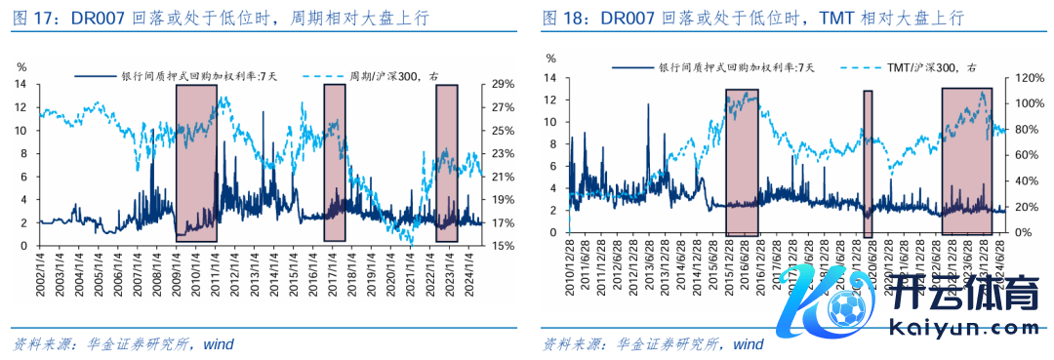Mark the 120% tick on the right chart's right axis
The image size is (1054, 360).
(x=1028, y=77)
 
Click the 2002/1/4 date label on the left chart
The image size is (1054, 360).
(x=39, y=276)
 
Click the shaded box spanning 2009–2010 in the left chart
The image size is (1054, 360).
(x=196, y=163)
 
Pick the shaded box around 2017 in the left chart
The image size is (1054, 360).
(x=335, y=163)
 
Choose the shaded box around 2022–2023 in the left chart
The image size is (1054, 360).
(x=447, y=163)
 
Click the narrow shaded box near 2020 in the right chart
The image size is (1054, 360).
(x=868, y=163)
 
